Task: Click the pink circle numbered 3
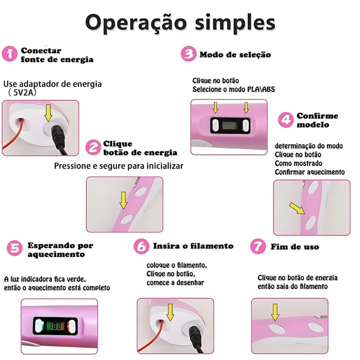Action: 188,54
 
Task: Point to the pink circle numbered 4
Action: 286,120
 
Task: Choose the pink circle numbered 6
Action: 142,246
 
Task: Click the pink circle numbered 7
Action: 257,247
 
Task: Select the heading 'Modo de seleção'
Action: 235,54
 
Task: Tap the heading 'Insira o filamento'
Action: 193,246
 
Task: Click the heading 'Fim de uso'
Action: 295,247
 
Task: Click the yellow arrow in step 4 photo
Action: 296,208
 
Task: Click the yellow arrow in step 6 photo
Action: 171,311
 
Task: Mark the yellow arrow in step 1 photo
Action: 48,114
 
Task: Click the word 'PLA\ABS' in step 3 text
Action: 261,90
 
